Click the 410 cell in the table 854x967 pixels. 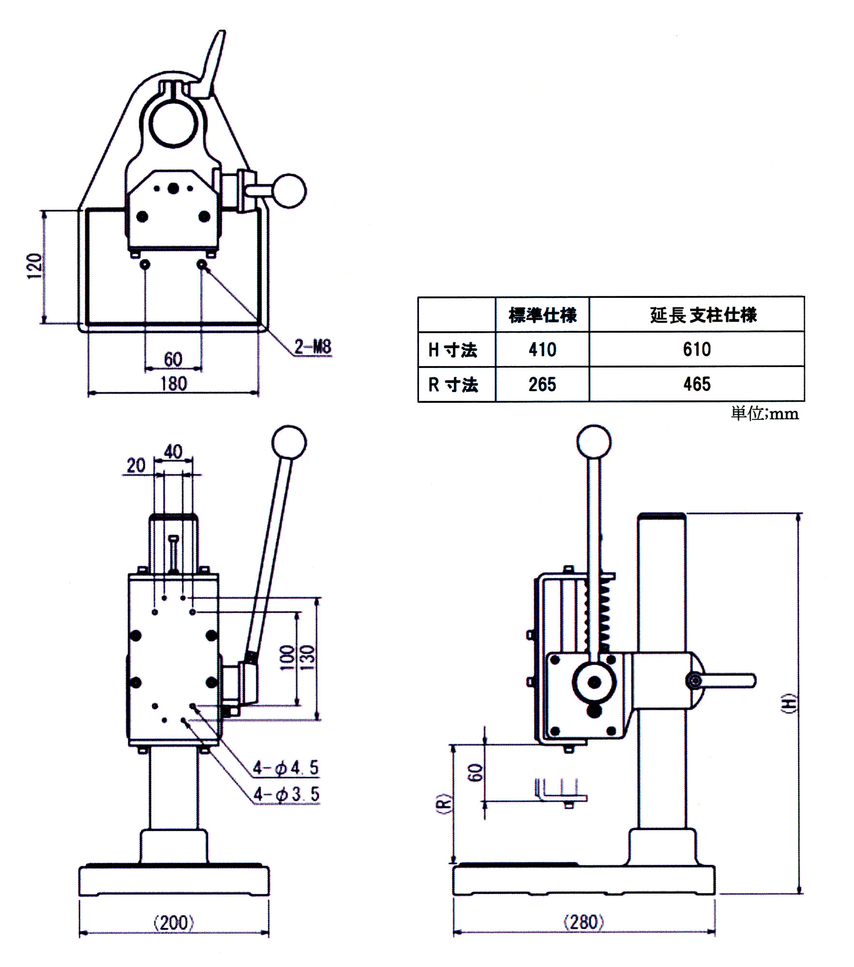coord(542,349)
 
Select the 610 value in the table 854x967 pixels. coord(697,349)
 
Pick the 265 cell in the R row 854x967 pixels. coord(542,384)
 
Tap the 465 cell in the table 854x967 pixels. coord(697,384)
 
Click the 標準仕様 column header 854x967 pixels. coord(542,315)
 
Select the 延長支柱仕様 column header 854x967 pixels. coord(703,315)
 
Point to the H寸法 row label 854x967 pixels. coord(453,350)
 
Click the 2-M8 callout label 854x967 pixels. coord(313,347)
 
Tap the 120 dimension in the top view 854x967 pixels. coord(34,266)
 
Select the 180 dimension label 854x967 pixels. coord(173,384)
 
